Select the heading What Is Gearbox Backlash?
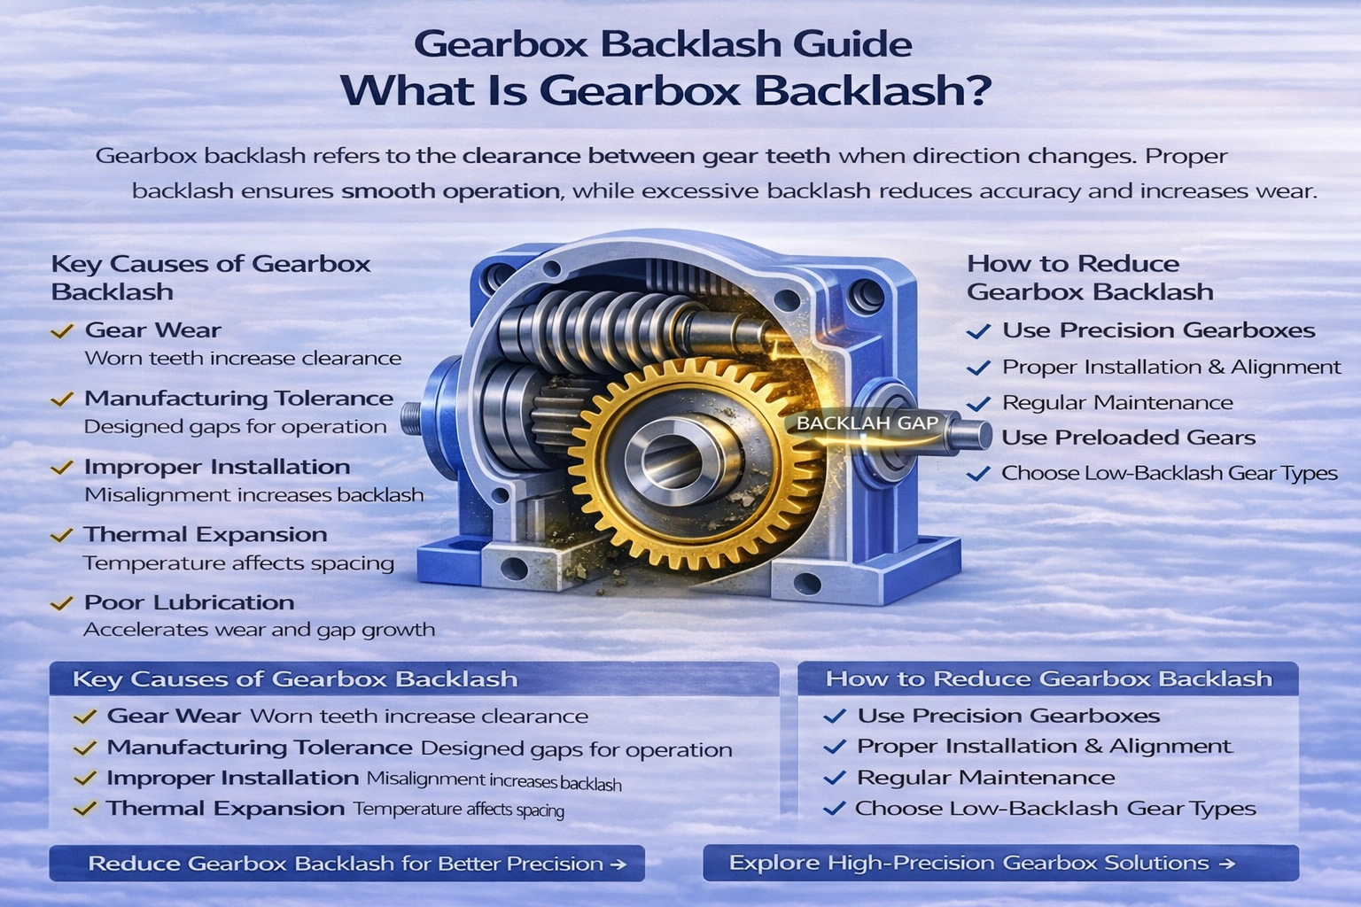click(665, 90)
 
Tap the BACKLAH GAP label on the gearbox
click(867, 423)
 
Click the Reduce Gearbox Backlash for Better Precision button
click(346, 864)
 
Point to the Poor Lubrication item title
click(189, 602)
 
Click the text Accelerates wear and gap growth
click(259, 630)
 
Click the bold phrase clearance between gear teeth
click(647, 157)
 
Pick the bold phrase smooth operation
click(450, 190)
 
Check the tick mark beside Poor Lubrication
click(61, 604)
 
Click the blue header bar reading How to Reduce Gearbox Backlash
click(1048, 679)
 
